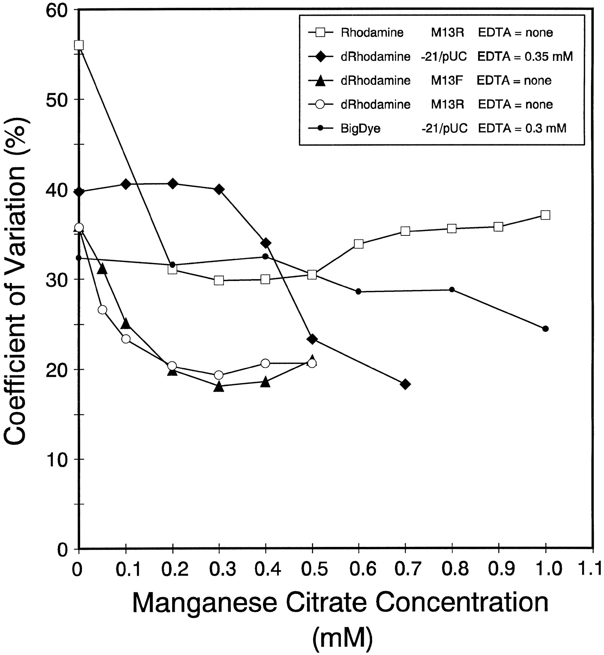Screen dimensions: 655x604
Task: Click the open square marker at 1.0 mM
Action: click(x=545, y=215)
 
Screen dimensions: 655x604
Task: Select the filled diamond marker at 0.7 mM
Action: click(x=405, y=384)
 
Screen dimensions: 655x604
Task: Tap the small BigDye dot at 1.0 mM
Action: click(x=545, y=329)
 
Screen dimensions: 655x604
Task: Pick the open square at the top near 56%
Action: click(x=79, y=45)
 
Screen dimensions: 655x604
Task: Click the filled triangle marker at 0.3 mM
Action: click(x=219, y=386)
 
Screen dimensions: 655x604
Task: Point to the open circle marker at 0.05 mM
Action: click(x=102, y=310)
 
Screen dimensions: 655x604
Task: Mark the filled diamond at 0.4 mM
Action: click(x=265, y=243)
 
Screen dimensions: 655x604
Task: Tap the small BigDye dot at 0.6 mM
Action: click(x=359, y=291)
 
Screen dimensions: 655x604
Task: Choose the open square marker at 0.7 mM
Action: click(x=405, y=231)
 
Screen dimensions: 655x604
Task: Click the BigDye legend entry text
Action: click(x=360, y=128)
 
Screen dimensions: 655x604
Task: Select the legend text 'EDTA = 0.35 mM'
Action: click(x=525, y=56)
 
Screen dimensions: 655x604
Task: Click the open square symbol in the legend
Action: click(x=321, y=32)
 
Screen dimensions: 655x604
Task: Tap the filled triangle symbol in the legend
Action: click(x=321, y=81)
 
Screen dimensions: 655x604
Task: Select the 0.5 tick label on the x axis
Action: click(x=312, y=569)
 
